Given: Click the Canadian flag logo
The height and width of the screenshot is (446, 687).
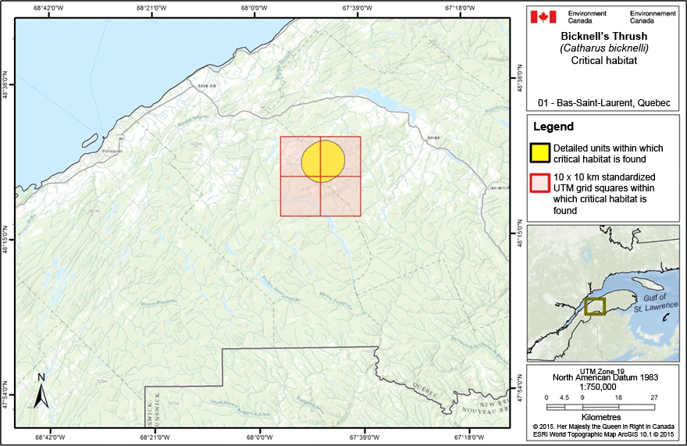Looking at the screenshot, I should [543, 16].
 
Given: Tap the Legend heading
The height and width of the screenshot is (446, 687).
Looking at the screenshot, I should [553, 127].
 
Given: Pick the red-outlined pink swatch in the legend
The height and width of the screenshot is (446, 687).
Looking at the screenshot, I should [541, 183].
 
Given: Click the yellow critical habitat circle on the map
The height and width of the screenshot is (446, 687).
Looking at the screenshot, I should [322, 160].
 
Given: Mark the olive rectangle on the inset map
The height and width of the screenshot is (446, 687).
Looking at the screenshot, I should [595, 306].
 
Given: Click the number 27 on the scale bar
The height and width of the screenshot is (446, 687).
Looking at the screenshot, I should [655, 398].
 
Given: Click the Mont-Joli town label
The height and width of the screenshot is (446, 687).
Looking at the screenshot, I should [207, 86].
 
